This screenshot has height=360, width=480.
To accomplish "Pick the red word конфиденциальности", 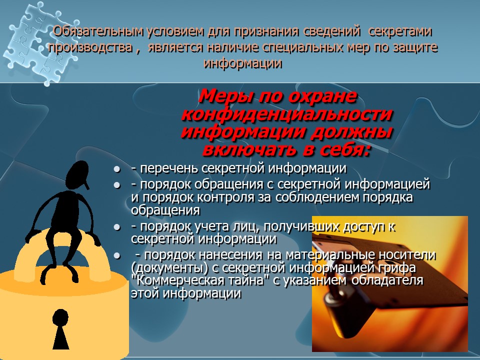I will tap(286, 113).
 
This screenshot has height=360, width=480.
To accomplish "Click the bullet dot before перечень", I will tap(117, 169).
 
